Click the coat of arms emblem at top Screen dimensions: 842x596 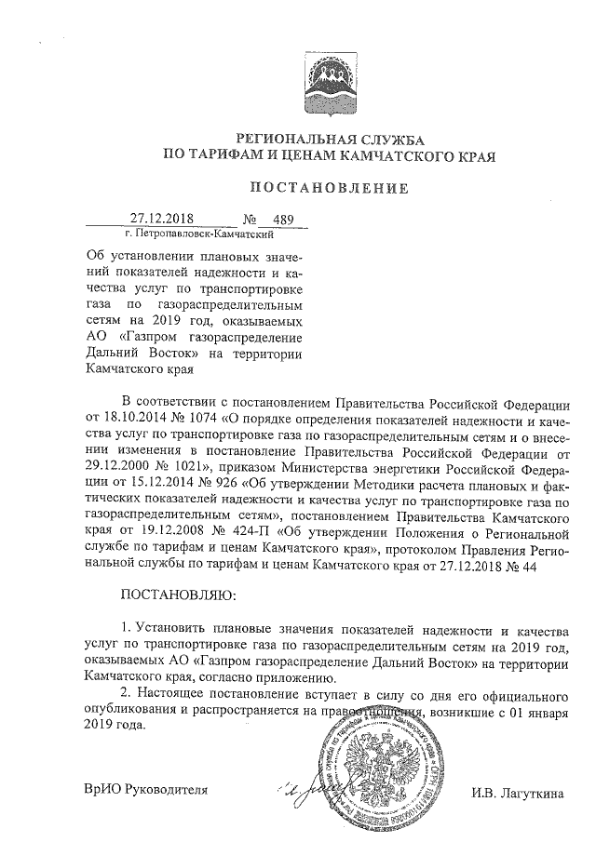coord(327,76)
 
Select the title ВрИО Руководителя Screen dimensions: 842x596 coord(145,791)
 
